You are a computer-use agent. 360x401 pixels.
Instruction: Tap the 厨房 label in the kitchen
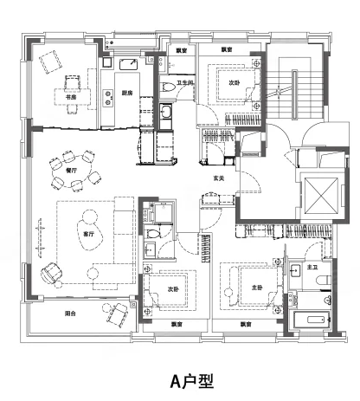(x=126, y=94)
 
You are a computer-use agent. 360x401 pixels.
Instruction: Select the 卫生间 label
(x=185, y=84)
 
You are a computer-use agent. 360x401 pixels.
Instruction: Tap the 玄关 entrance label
(x=220, y=179)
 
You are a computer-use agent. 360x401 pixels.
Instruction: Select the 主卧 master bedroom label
(x=255, y=287)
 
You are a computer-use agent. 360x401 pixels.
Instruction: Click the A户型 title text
(x=179, y=379)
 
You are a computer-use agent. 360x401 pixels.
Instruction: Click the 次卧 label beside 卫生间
(x=234, y=84)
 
